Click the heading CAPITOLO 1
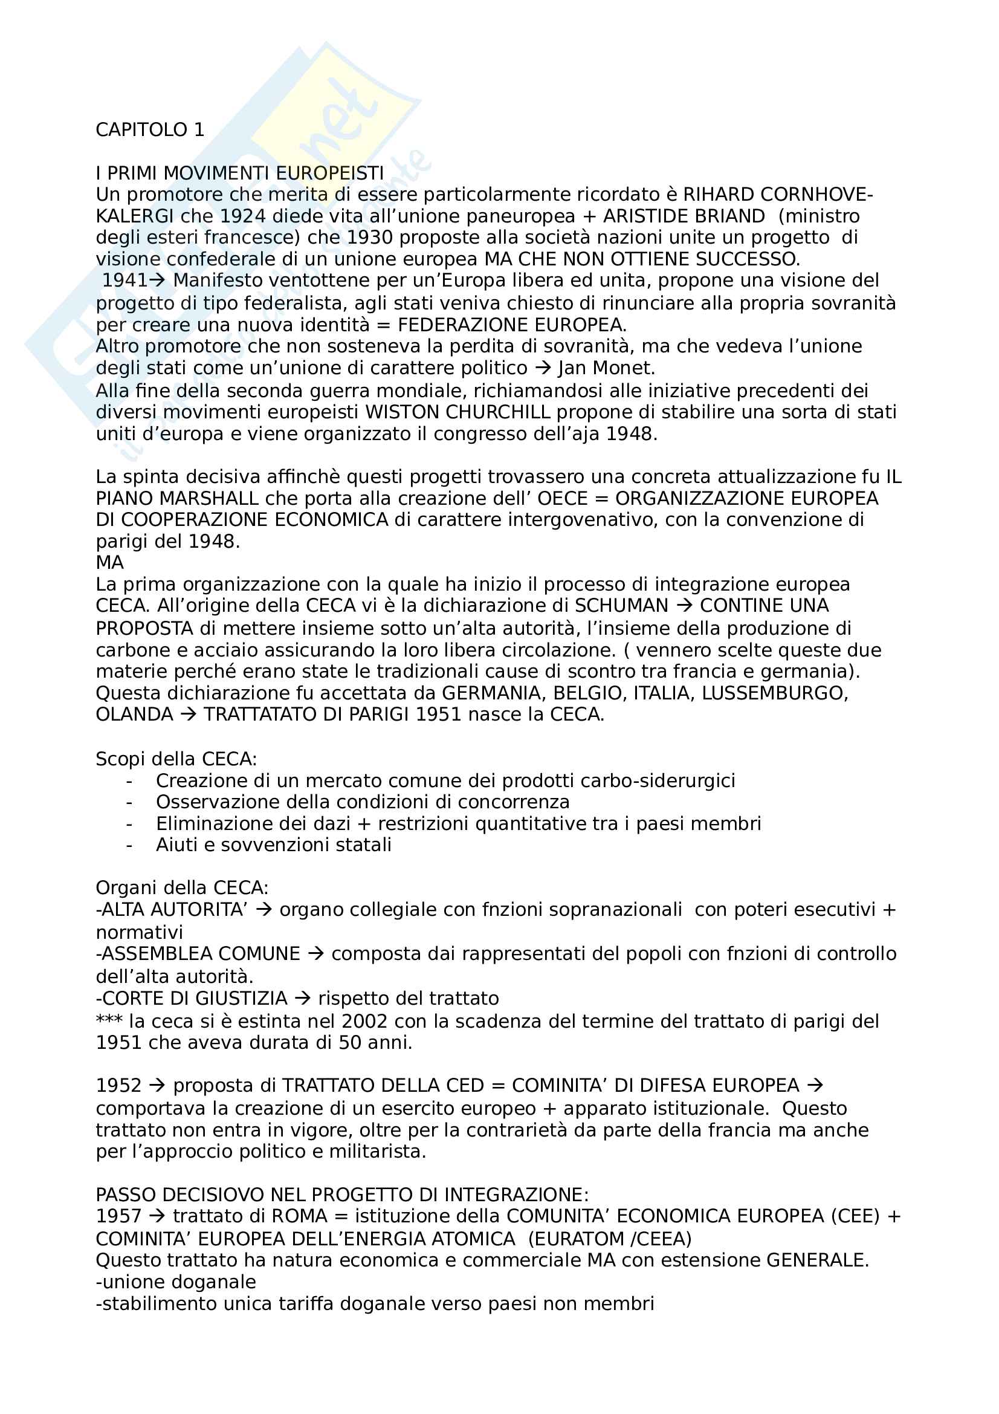149,130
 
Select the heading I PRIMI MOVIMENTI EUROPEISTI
239,173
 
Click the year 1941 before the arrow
124,281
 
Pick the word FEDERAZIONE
462,325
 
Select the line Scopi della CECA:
176,759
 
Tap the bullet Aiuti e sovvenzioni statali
273,845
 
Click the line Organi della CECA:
182,888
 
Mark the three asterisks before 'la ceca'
109,1020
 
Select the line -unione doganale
176,1282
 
